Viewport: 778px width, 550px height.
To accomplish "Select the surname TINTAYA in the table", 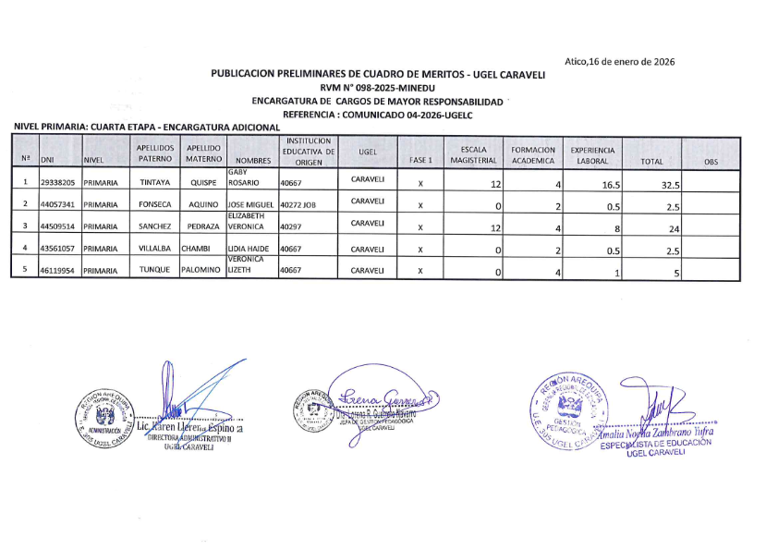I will [153, 183].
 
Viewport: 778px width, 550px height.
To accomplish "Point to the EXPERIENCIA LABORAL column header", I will [595, 154].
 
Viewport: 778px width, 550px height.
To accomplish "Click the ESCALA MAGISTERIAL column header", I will [473, 154].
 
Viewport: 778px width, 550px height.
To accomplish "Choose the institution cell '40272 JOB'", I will [300, 204].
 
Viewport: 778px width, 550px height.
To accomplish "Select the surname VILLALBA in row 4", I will [153, 249].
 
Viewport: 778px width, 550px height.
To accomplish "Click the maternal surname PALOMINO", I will [202, 271].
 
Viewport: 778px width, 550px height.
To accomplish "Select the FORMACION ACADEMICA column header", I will [533, 154].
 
